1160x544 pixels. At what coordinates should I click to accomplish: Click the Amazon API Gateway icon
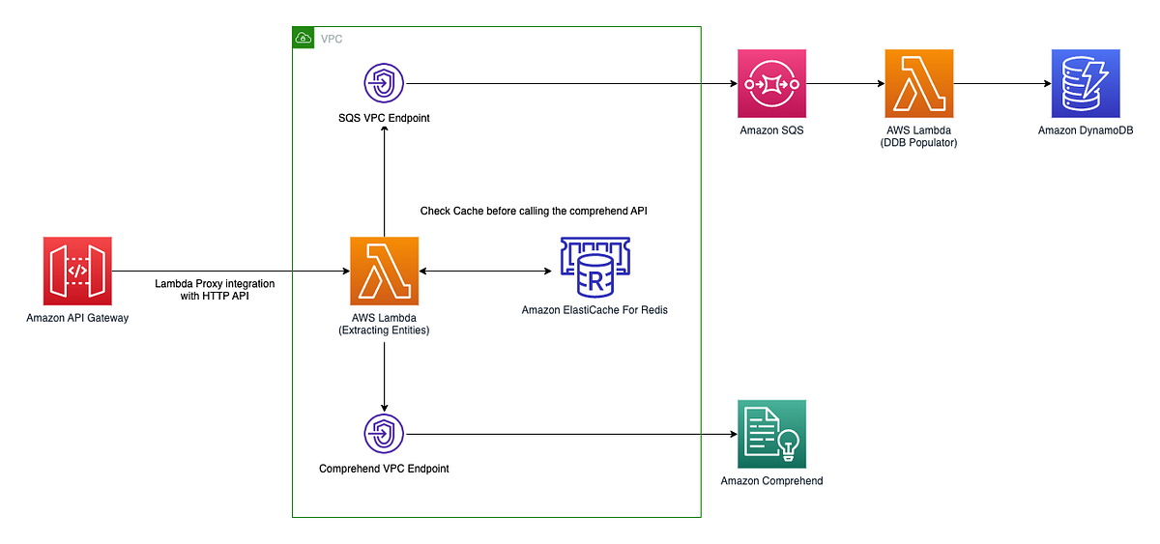[77, 272]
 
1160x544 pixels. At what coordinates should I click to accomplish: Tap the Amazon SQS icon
[771, 84]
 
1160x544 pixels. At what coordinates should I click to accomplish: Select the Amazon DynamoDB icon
[1085, 84]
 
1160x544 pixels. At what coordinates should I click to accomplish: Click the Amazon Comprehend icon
[771, 434]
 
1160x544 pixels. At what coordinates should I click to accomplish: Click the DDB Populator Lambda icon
[918, 84]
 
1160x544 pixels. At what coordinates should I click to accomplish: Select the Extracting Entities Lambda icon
[385, 272]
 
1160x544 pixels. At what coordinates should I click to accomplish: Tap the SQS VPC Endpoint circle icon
[385, 84]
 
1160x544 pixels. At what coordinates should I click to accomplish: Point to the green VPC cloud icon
[304, 38]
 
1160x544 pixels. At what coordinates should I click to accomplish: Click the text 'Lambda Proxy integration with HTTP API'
[215, 290]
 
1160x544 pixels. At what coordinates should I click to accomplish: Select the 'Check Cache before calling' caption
[539, 211]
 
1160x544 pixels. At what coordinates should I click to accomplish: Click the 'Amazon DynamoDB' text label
[1084, 130]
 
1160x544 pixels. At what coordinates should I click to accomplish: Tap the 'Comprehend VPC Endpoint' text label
[384, 469]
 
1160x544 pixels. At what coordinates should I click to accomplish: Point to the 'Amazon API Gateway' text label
[77, 318]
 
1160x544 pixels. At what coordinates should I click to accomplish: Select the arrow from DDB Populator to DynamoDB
[1001, 84]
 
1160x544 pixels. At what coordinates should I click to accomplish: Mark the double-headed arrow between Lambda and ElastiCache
[483, 272]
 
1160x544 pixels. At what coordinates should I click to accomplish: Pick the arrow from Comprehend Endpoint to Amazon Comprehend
[570, 434]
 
